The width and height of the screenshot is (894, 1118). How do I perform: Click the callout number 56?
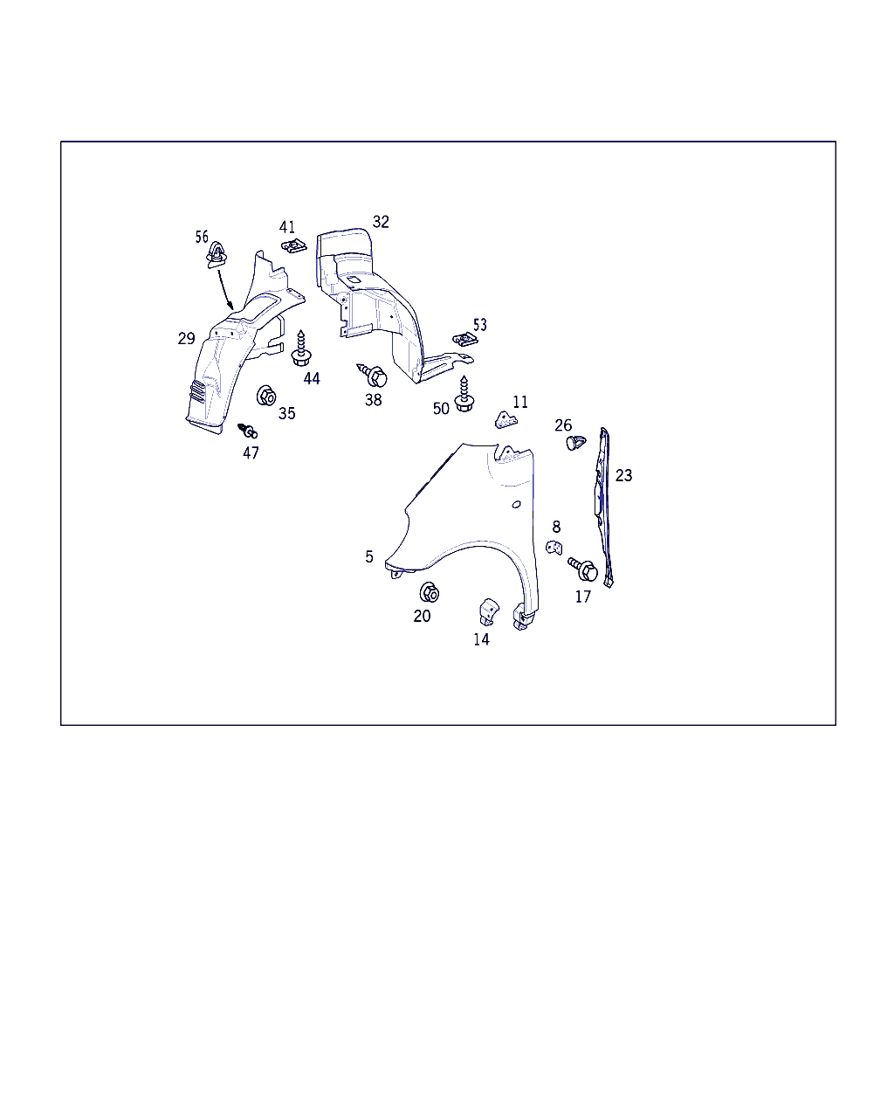[x=202, y=237]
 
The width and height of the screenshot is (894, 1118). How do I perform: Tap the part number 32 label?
[x=381, y=222]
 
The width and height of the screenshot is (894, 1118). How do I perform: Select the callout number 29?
[x=187, y=339]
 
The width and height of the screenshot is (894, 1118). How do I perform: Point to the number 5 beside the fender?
[x=369, y=557]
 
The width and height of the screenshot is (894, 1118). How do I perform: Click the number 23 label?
[x=624, y=475]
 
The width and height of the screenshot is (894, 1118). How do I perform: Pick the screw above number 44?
[x=301, y=349]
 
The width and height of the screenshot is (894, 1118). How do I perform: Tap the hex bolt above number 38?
[x=373, y=375]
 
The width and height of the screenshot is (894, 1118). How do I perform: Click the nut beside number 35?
[x=266, y=397]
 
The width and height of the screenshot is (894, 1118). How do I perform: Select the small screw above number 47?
[x=248, y=431]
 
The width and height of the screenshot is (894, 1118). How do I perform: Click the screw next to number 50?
[x=464, y=394]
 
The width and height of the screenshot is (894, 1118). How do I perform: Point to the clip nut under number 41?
[x=294, y=245]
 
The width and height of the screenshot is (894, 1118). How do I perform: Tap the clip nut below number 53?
[x=465, y=339]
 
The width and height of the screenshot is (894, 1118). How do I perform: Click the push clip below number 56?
[x=217, y=255]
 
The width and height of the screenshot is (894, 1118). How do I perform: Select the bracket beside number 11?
[x=505, y=419]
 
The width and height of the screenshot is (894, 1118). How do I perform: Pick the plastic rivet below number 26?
[x=575, y=443]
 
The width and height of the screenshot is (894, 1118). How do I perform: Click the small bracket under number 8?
[x=554, y=548]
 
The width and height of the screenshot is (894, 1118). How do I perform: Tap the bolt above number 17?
[x=583, y=569]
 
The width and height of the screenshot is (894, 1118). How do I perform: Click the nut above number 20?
[x=430, y=592]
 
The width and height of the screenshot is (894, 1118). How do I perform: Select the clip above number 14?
[x=488, y=612]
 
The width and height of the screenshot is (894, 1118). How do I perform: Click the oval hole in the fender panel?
[x=516, y=505]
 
